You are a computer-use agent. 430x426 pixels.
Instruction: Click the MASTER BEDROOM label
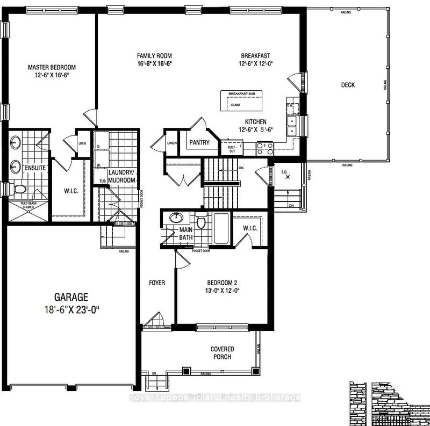[52, 67]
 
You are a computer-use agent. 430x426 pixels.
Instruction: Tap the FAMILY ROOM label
[154, 56]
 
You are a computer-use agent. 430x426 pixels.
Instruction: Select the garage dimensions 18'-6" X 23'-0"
[70, 309]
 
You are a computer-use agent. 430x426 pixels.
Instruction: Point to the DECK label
[348, 85]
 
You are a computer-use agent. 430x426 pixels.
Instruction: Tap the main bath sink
[175, 218]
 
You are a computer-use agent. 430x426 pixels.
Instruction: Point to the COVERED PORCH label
[222, 353]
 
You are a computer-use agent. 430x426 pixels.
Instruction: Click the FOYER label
[157, 283]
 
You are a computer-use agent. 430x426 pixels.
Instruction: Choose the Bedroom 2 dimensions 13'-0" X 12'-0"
[223, 291]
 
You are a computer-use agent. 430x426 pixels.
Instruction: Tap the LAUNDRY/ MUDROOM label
[122, 176]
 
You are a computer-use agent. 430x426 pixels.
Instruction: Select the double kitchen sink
[291, 125]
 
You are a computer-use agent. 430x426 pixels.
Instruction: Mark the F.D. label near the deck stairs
[285, 173]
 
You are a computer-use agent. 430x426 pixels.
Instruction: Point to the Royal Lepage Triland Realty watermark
[215, 398]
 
